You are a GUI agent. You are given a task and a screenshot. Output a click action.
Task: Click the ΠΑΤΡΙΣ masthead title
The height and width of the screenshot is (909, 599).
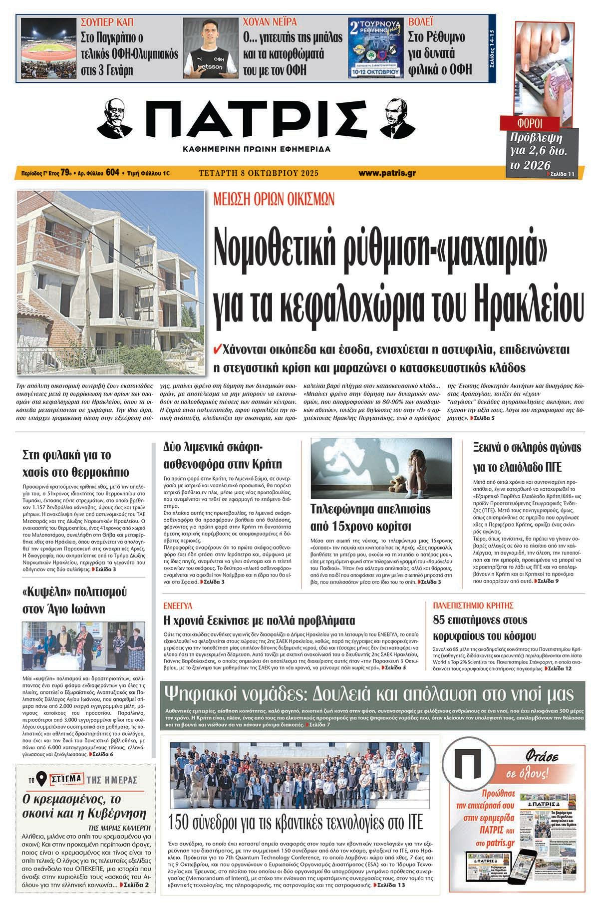(258, 119)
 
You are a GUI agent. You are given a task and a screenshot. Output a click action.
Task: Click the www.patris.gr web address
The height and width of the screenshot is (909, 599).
(387, 173)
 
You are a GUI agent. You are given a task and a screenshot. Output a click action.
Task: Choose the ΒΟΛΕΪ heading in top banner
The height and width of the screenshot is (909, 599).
(421, 22)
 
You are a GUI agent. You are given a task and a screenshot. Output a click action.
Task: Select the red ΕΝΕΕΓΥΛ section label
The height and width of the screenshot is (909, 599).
(178, 606)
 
